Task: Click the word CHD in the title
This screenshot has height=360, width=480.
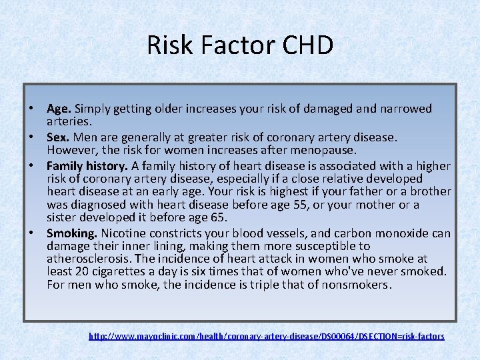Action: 307,45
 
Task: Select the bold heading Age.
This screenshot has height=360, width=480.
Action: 59,108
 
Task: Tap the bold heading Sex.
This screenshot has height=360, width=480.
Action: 58,137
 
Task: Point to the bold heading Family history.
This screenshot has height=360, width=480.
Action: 87,166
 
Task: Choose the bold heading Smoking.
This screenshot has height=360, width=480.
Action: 72,233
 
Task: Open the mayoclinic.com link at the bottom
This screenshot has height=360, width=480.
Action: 266,336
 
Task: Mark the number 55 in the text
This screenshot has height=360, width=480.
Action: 331,204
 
